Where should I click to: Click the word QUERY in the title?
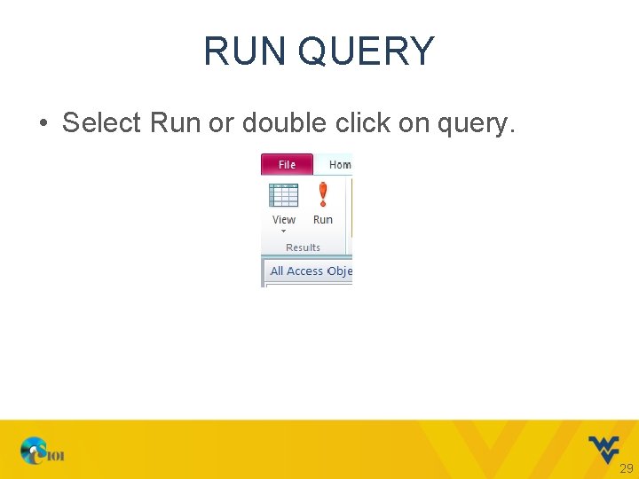click(x=367, y=51)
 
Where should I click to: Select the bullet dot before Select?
click(x=43, y=123)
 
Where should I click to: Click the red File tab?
click(x=287, y=165)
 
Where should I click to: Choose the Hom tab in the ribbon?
click(x=339, y=165)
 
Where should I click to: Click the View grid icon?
click(x=284, y=195)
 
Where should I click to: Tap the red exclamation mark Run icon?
click(x=323, y=193)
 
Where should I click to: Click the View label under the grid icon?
click(x=284, y=220)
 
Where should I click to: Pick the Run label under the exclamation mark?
click(x=323, y=220)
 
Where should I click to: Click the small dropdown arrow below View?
click(x=284, y=232)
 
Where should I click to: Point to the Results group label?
click(x=303, y=247)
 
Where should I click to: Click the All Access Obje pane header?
click(x=311, y=271)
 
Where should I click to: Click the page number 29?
click(x=627, y=468)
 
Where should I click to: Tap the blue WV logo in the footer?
click(x=603, y=448)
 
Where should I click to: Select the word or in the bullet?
click(x=219, y=122)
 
